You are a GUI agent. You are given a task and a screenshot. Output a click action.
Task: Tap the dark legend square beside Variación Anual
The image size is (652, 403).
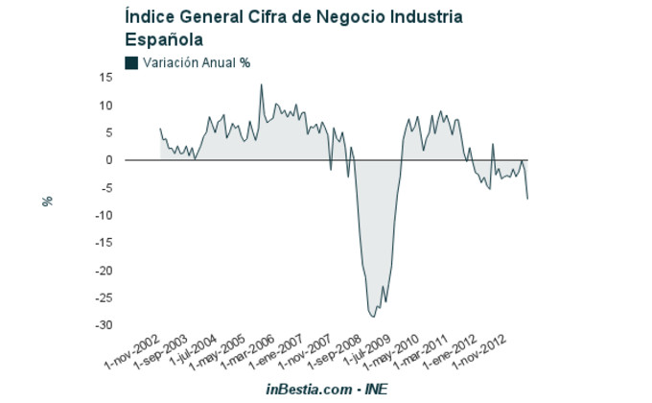tap(131, 62)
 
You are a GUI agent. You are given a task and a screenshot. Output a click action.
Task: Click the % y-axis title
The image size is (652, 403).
tap(46, 201)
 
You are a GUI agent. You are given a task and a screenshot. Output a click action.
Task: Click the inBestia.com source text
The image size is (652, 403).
tap(309, 389)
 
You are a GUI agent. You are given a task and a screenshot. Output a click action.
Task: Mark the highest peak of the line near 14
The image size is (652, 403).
tap(262, 84)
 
